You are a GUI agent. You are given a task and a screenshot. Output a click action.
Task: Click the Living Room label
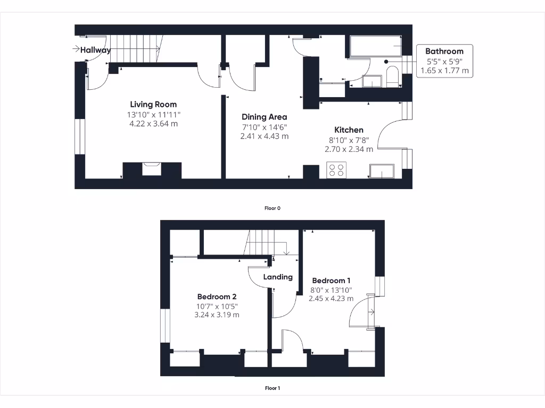point(153,104)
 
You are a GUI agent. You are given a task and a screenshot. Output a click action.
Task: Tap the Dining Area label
point(264,117)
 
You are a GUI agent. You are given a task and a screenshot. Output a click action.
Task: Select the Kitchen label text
point(349,130)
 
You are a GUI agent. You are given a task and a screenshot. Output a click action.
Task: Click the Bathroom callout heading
point(444,52)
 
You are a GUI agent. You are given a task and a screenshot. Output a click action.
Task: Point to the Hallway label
point(95,50)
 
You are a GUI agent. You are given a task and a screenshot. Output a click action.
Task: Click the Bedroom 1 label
point(331,280)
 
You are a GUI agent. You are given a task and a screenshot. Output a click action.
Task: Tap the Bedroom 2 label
point(217,296)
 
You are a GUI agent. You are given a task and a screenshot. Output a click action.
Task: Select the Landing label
point(278,277)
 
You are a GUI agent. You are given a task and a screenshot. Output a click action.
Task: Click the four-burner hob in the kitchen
point(336,170)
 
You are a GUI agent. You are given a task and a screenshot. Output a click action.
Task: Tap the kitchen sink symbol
point(381,171)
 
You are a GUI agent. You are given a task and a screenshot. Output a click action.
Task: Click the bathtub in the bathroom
point(375,47)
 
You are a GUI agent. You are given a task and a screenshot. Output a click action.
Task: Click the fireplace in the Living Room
point(152,169)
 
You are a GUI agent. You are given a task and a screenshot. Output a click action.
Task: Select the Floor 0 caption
point(272,208)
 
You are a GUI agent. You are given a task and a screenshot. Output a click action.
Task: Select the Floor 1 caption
point(272,388)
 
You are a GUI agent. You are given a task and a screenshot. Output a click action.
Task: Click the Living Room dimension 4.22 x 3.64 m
point(153,124)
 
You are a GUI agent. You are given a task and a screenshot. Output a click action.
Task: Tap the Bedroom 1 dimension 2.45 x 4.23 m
point(331,299)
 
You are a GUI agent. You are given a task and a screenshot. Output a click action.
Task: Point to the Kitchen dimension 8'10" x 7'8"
point(349,140)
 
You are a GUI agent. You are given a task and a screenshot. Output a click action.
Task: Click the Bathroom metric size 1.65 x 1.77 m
point(444,71)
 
